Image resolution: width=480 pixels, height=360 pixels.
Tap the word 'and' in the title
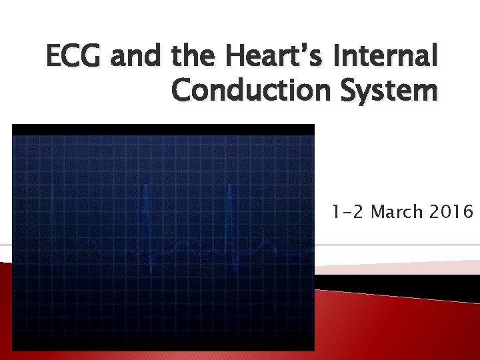click(136, 58)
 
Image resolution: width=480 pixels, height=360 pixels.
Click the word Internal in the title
click(389, 58)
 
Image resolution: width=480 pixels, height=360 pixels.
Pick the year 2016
click(450, 212)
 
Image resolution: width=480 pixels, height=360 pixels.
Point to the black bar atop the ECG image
click(163, 129)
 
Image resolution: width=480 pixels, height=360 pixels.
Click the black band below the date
click(400, 285)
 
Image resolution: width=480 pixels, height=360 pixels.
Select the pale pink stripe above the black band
click(400, 267)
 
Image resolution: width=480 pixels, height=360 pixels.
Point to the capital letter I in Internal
click(345, 58)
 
